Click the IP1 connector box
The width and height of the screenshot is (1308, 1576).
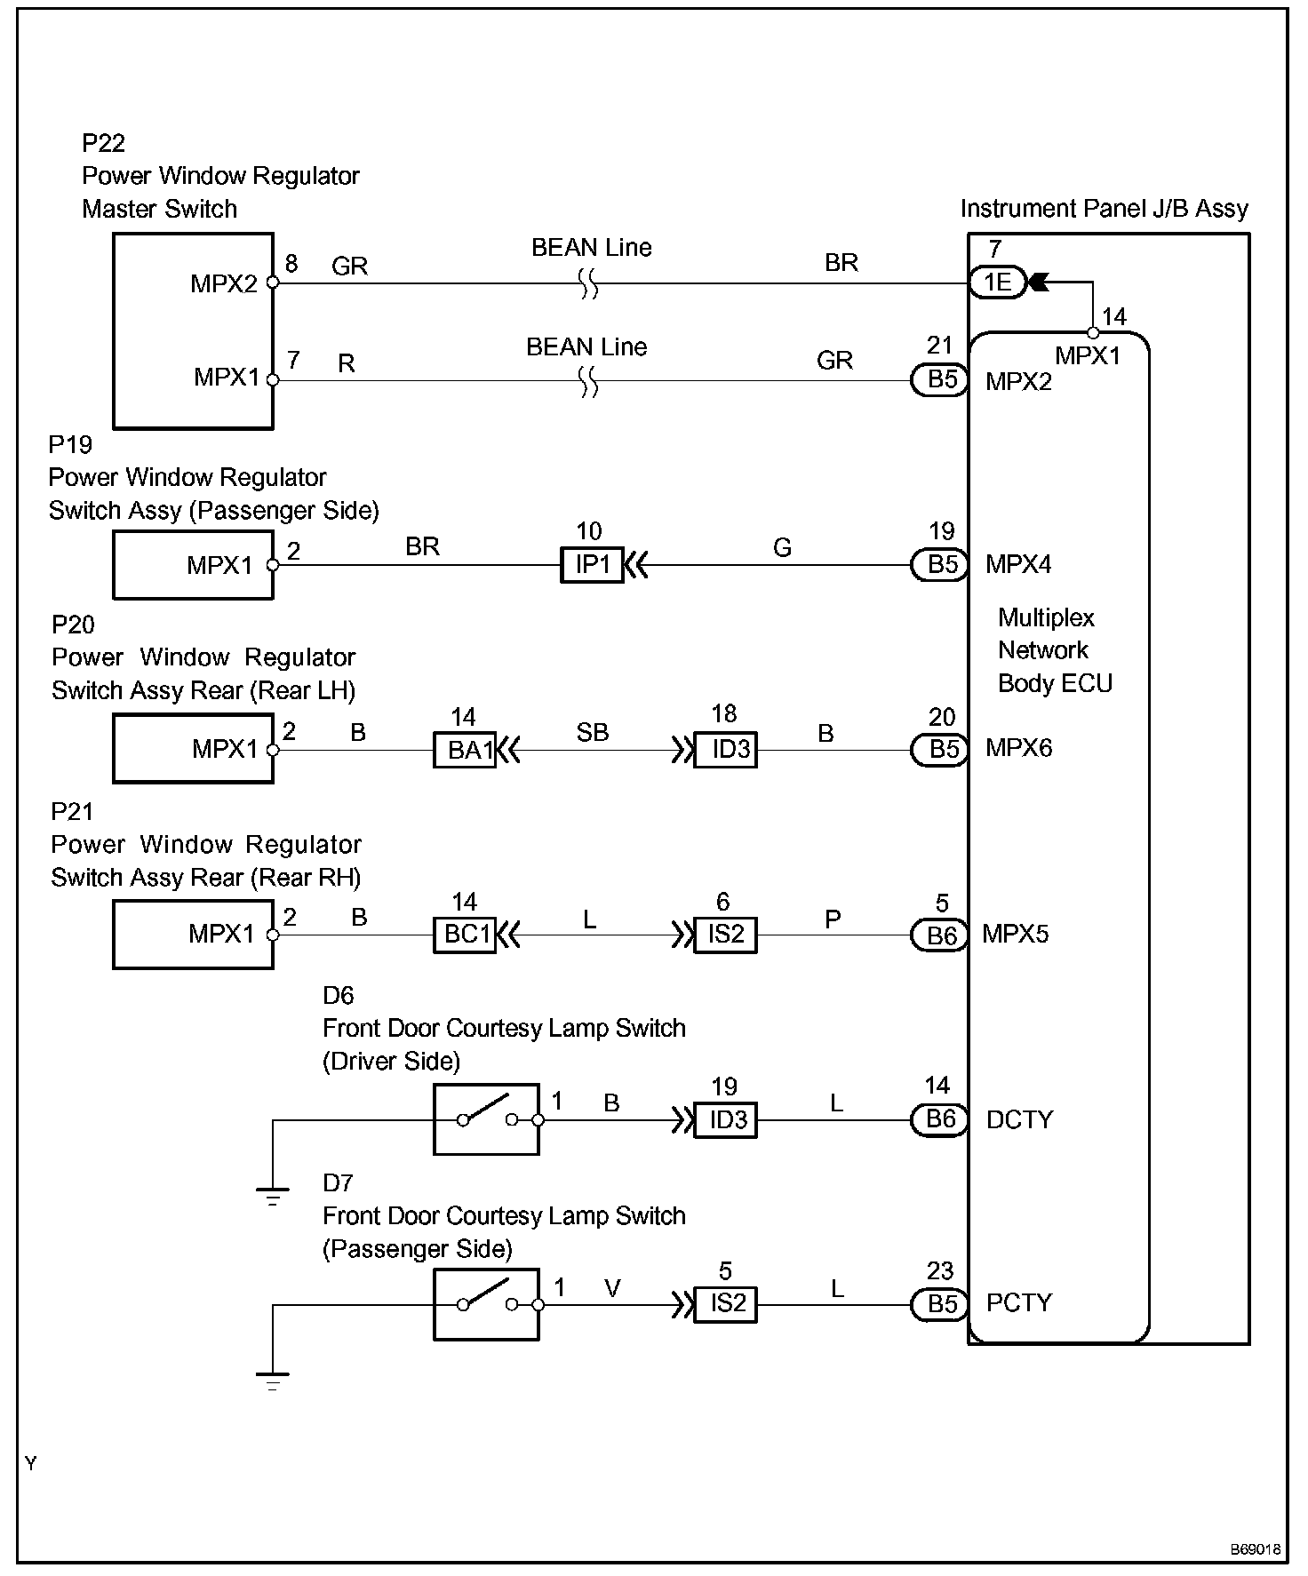(592, 565)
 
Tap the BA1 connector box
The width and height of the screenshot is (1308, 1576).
(465, 750)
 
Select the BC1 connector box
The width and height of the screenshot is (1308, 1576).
(465, 935)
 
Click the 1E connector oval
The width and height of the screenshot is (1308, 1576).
(997, 283)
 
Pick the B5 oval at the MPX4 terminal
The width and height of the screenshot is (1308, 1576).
(941, 565)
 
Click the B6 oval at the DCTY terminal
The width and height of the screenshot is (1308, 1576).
(940, 1119)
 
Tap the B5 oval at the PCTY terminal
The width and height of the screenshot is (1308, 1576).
(941, 1304)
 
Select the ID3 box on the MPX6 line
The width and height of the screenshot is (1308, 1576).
(726, 750)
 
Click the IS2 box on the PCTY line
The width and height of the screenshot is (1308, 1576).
(726, 1304)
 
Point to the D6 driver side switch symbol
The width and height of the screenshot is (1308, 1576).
(486, 1119)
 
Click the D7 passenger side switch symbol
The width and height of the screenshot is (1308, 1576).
(486, 1304)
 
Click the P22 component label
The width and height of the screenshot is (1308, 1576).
(103, 143)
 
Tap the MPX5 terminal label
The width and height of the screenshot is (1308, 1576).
(1015, 935)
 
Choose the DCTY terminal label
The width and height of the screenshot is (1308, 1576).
(1019, 1119)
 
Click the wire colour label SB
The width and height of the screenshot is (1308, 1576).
(593, 732)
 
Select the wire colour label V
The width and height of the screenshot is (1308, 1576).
(612, 1287)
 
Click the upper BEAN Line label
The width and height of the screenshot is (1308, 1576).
(591, 248)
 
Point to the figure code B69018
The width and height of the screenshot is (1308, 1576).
(1255, 1549)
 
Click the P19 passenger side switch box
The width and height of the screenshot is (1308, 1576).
(193, 565)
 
